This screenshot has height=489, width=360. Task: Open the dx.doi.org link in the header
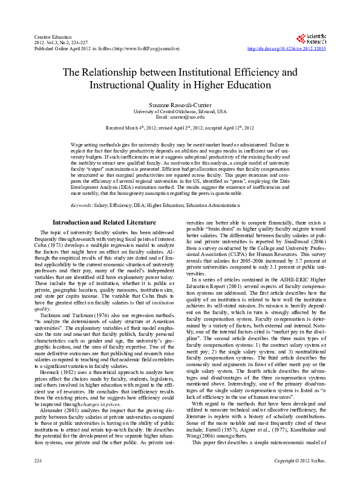(287, 48)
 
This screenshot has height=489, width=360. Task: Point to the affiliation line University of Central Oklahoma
(180, 111)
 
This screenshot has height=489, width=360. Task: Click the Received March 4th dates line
(180, 128)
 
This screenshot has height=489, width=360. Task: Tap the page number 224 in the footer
(38, 478)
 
